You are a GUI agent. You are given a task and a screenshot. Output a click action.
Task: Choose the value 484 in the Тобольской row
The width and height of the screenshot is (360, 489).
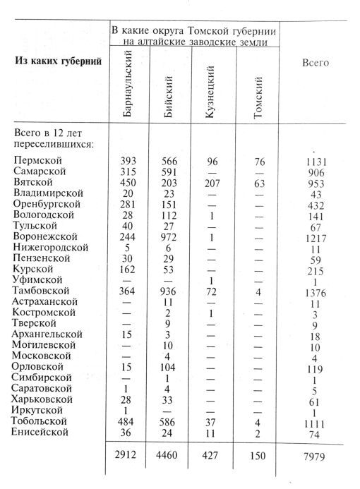[124, 421]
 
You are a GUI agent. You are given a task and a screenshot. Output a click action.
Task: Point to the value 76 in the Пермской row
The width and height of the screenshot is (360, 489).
[258, 160]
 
